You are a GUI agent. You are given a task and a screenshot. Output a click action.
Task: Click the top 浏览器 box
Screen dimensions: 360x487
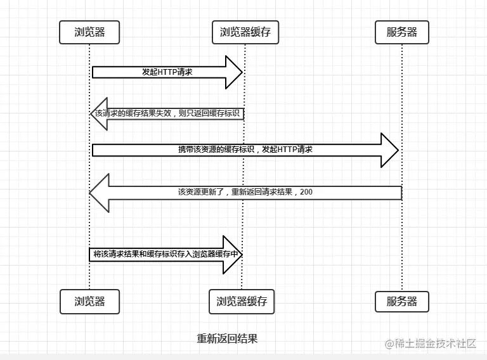[89, 32]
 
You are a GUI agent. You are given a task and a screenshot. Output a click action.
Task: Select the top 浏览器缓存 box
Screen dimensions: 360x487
[245, 32]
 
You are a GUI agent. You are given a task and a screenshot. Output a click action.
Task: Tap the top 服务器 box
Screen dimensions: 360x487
[401, 32]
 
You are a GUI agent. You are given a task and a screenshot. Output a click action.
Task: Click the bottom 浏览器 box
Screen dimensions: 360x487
[89, 302]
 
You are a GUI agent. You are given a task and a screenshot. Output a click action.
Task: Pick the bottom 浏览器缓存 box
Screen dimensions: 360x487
[242, 302]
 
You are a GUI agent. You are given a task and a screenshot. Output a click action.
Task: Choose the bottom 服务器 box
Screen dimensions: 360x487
[401, 302]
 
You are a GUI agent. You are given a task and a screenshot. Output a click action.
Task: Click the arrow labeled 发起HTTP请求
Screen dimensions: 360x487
[167, 72]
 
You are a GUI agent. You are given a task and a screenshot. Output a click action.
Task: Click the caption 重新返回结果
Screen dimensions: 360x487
[227, 338]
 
